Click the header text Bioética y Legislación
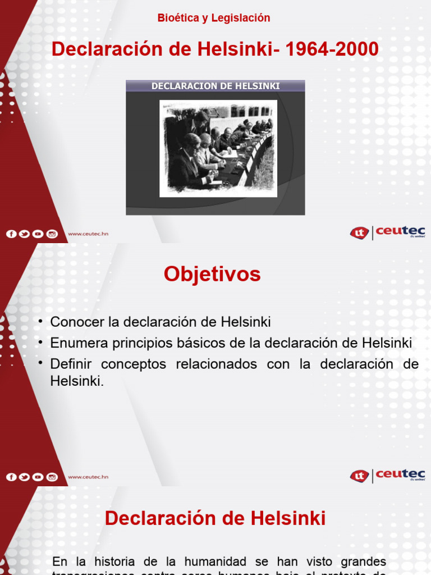(214, 18)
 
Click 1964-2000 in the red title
(332, 50)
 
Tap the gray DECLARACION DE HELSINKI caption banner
(215, 86)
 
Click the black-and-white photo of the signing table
(218, 148)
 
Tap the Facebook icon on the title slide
(11, 234)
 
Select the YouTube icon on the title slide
(38, 234)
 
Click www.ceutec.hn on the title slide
(88, 234)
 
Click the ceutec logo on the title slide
(388, 232)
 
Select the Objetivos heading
(212, 274)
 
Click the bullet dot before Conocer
(42, 321)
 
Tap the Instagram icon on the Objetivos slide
(52, 477)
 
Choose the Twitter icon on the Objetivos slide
(25, 477)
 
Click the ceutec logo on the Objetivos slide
(388, 476)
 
